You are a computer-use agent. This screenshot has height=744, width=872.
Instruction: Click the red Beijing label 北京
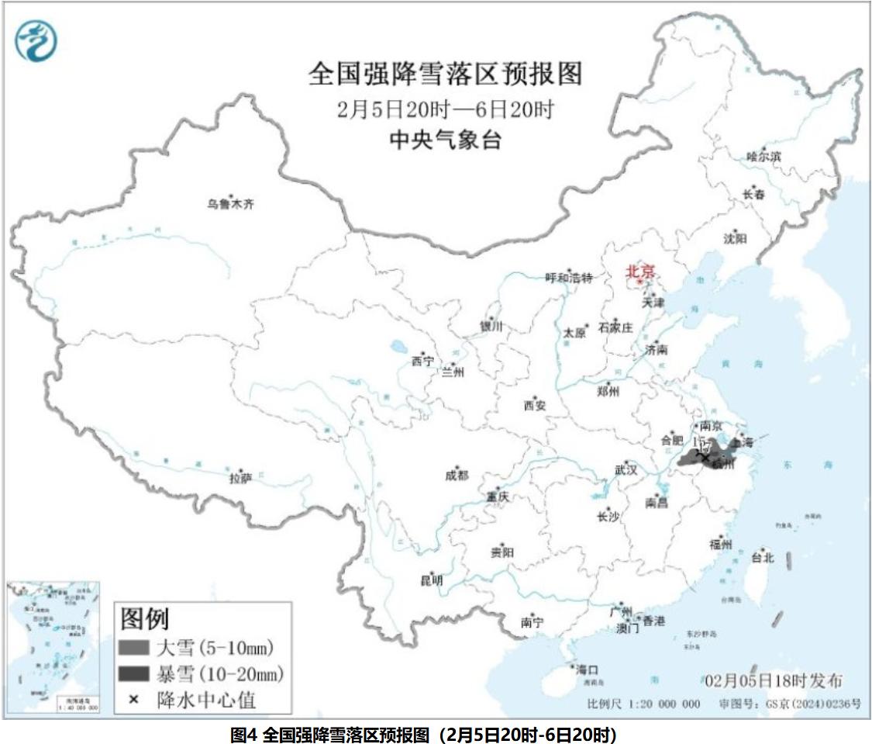[640, 272]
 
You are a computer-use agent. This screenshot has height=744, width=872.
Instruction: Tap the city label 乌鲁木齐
[230, 205]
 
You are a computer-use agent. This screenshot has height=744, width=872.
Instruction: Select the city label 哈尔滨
[763, 157]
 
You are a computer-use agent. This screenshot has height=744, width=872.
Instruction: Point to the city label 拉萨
[240, 478]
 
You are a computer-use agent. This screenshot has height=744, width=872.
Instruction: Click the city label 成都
[457, 476]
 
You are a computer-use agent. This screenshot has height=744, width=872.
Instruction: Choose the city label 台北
[763, 557]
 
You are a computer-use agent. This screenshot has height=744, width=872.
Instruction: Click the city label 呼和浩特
[568, 278]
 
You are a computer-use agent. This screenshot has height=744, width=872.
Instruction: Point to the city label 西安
[535, 404]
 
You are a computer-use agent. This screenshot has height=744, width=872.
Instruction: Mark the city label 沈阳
[735, 239]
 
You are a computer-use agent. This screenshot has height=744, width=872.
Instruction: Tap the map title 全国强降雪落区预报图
[445, 74]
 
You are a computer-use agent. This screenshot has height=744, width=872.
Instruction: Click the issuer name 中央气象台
[445, 140]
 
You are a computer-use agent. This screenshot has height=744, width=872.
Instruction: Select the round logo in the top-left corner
[36, 41]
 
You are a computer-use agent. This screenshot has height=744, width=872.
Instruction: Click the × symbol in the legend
[133, 700]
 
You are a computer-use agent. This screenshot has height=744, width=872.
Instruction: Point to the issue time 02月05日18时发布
[774, 681]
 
